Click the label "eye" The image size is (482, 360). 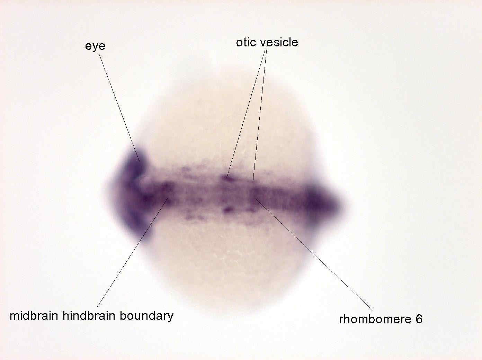tap(95, 46)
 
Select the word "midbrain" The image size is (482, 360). tap(34, 316)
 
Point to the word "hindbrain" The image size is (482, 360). tap(89, 316)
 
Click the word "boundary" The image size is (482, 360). tap(146, 316)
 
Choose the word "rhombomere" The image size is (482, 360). tap(375, 319)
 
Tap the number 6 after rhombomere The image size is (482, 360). tap(419, 319)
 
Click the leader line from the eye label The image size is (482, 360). tap(119, 107)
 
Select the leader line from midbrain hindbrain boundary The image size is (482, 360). tap(133, 252)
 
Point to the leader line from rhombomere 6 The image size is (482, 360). tap(314, 255)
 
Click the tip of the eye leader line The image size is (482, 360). tap(140, 161)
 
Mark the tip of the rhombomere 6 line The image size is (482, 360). tap(256, 199)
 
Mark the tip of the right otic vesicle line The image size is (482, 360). tap(253, 182)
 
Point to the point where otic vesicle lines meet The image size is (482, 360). tap(266, 50)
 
